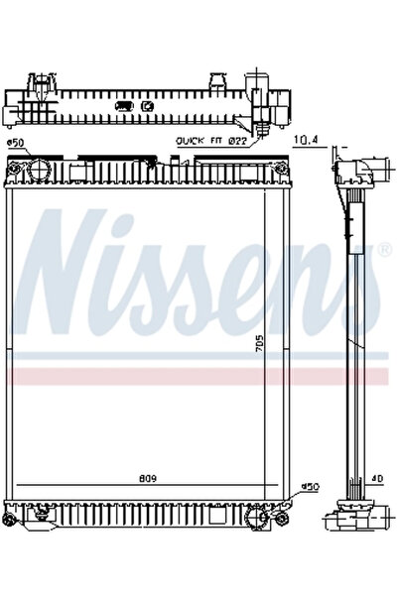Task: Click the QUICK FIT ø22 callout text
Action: click(210, 141)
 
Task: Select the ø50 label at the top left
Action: click(16, 143)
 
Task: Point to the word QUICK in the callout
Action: click(190, 141)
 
